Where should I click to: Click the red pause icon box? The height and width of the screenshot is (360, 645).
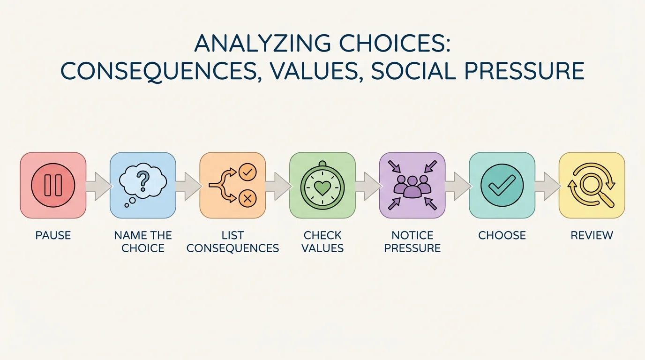point(53,185)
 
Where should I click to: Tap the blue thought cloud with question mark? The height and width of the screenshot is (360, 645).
point(142,182)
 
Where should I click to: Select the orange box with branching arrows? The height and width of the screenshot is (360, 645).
point(232,185)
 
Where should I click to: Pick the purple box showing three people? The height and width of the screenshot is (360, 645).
point(412,185)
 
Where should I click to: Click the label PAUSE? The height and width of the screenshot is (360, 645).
point(53,235)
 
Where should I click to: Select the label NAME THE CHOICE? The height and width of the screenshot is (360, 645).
point(143,241)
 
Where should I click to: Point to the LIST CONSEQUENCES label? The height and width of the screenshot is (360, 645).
point(232,241)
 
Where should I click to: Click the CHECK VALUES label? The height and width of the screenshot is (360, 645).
point(322,241)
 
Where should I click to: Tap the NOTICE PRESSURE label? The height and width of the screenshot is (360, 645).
point(412,241)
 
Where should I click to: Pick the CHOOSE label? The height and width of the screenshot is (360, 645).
point(502,235)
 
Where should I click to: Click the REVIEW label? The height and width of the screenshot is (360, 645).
point(592,235)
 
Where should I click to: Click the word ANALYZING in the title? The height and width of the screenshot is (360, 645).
point(253,44)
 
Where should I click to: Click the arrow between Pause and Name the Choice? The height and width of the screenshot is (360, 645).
point(98,186)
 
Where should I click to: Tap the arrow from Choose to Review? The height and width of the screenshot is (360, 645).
point(547,186)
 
